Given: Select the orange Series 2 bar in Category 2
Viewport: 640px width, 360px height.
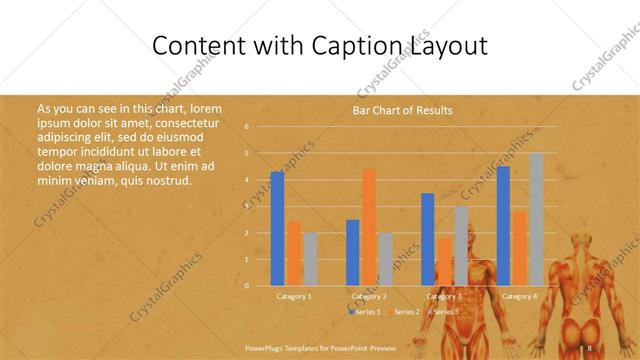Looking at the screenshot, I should tap(369, 227).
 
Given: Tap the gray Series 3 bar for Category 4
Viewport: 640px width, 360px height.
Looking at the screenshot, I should tap(536, 219).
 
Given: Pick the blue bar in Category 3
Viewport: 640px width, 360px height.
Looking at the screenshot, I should tap(428, 239).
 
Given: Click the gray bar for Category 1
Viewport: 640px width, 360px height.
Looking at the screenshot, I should tap(310, 259).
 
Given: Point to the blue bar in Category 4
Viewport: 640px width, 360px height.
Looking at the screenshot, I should tap(503, 226).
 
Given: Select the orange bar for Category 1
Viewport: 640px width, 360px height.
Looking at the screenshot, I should tap(294, 254).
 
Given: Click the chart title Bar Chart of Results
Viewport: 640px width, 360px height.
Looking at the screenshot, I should tap(403, 110).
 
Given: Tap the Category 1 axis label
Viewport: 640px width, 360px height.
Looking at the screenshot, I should tap(294, 297).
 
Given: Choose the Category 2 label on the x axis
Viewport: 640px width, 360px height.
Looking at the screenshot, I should tap(370, 297).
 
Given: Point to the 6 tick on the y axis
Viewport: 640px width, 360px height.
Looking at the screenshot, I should tap(247, 127).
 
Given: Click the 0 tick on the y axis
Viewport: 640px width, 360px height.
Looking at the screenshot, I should tap(247, 286).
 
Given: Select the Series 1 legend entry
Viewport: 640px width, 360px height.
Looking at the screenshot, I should tap(367, 312).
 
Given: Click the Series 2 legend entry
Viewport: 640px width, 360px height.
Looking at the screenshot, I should tap(406, 312).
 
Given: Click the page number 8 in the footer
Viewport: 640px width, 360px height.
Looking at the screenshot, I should tap(590, 346).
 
